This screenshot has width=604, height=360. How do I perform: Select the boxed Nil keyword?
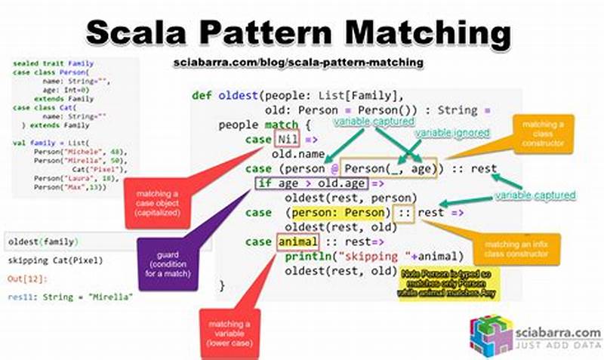(286, 140)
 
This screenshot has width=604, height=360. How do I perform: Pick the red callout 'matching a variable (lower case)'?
(229, 331)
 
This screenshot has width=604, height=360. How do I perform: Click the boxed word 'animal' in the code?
(297, 242)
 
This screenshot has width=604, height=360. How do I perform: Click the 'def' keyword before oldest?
(202, 96)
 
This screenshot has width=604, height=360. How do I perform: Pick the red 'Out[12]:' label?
(23, 279)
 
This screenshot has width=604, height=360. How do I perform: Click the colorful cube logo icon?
(491, 333)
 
